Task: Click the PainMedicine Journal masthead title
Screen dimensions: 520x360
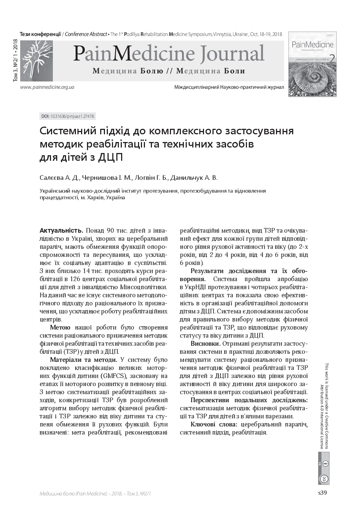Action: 168,54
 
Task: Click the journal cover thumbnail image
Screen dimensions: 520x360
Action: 312,64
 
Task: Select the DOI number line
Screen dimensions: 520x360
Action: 68,116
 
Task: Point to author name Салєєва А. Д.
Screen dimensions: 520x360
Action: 59,178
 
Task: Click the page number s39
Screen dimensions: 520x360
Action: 322,493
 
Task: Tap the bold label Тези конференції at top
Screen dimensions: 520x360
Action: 40,34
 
